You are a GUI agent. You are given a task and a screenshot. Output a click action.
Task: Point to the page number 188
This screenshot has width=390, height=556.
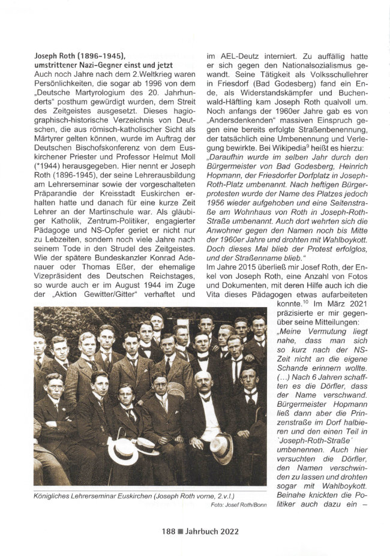168,530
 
